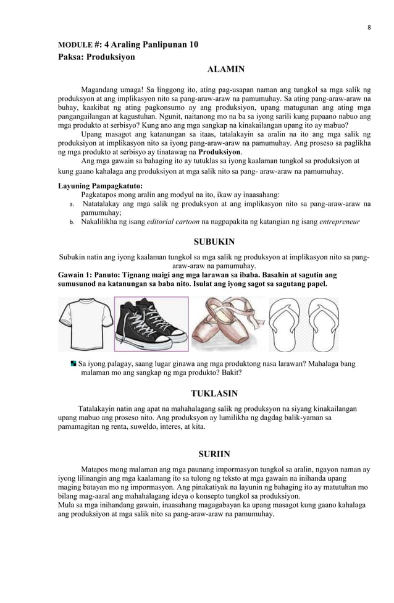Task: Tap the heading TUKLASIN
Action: pos(214,394)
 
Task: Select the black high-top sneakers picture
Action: pos(151,324)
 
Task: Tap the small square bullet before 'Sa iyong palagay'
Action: pos(73,364)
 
